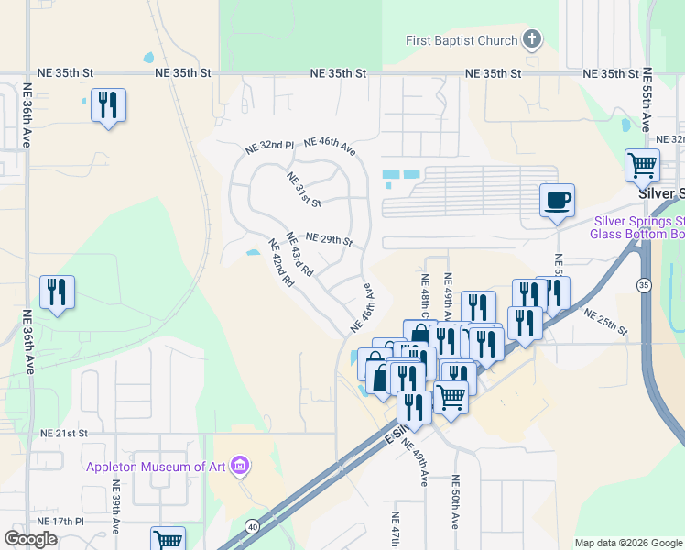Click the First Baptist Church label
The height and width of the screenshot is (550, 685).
pyautogui.click(x=462, y=40)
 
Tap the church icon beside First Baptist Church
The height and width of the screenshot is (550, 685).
pyautogui.click(x=532, y=39)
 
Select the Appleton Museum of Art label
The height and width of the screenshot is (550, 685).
pyautogui.click(x=156, y=466)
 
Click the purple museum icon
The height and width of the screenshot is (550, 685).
pyautogui.click(x=239, y=466)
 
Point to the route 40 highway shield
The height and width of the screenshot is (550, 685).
pyautogui.click(x=252, y=525)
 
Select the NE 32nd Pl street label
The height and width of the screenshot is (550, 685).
pyautogui.click(x=269, y=147)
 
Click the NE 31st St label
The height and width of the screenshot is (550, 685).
pyautogui.click(x=304, y=189)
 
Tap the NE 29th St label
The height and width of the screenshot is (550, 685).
pyautogui.click(x=329, y=239)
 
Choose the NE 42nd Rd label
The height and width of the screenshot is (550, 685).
pyautogui.click(x=279, y=263)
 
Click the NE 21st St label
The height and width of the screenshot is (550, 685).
pyautogui.click(x=63, y=433)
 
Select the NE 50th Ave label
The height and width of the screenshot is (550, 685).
pyautogui.click(x=455, y=502)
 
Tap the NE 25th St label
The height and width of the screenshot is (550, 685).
pyautogui.click(x=609, y=324)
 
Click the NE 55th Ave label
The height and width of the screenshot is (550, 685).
pyautogui.click(x=647, y=102)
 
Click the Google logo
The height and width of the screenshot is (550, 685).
pyautogui.click(x=30, y=539)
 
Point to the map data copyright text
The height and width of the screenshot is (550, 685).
pyautogui.click(x=629, y=543)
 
